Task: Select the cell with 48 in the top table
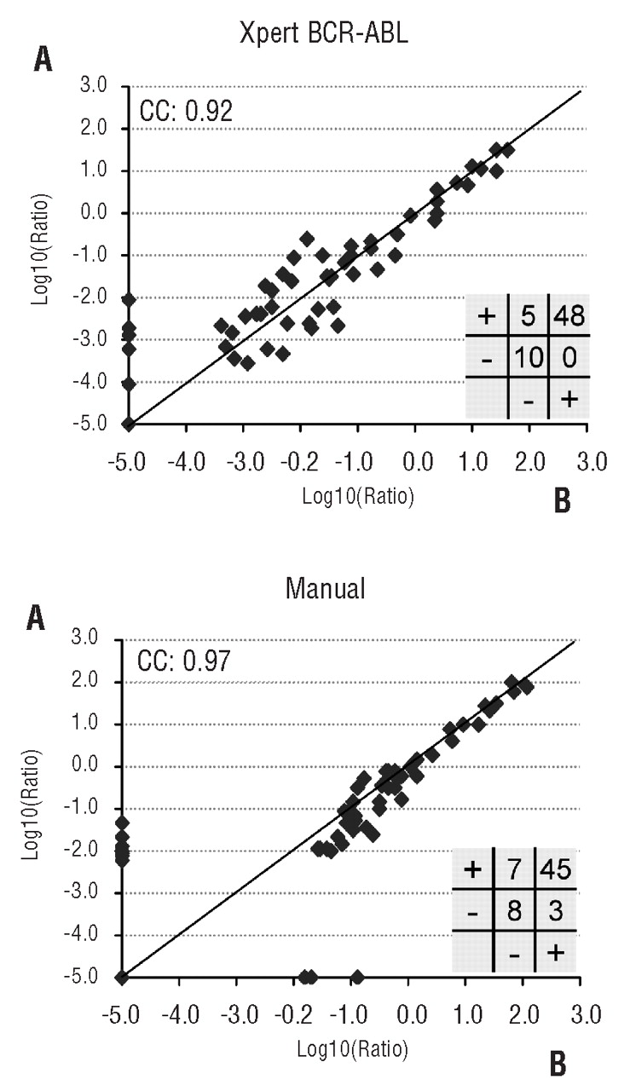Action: pyautogui.click(x=568, y=317)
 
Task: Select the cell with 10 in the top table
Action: pyautogui.click(x=529, y=359)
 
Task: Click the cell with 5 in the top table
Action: pyautogui.click(x=529, y=317)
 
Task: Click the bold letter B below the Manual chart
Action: pyautogui.click(x=554, y=1059)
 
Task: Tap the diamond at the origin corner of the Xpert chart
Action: pyautogui.click(x=129, y=424)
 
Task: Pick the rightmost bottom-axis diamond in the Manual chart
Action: pyautogui.click(x=358, y=977)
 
